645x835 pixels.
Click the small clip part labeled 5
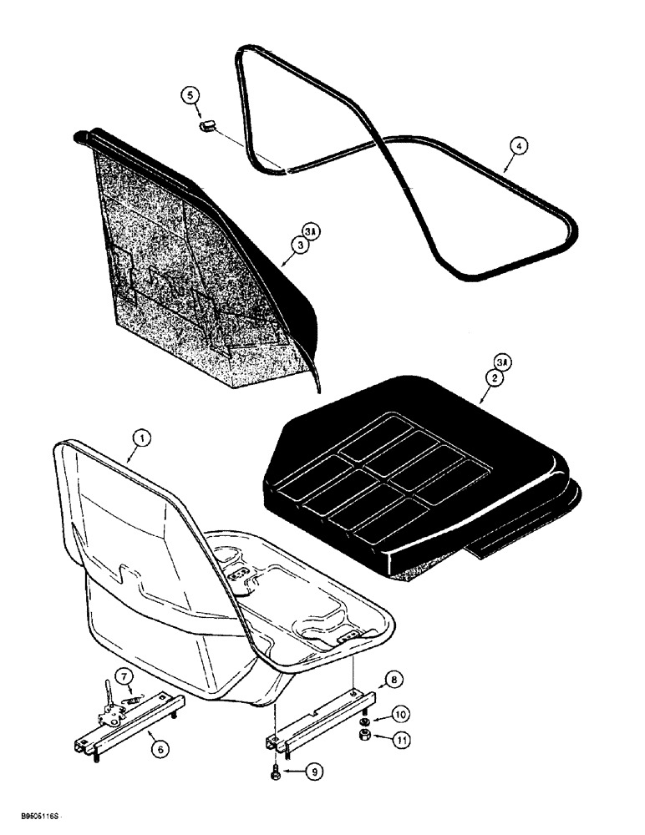[207, 127]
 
